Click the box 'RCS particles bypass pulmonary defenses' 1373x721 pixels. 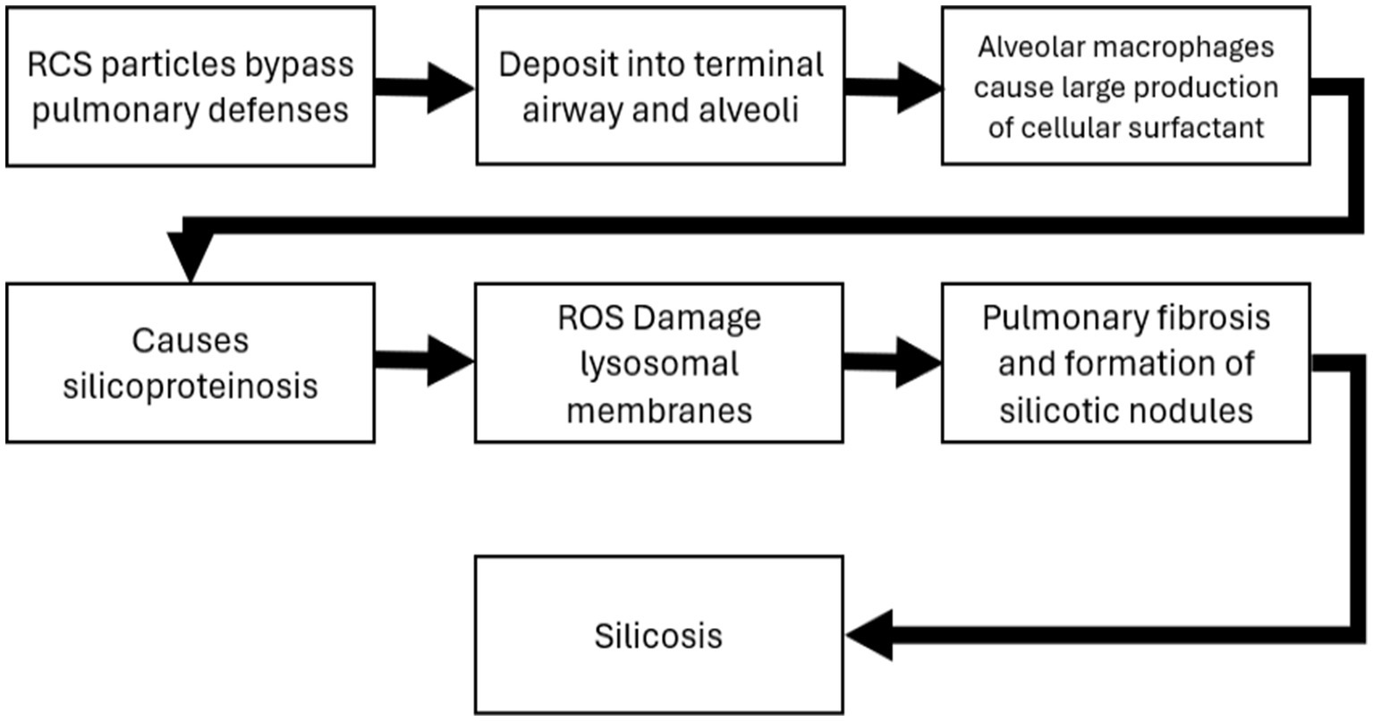click(x=190, y=86)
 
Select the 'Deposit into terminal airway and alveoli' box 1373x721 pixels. click(x=660, y=86)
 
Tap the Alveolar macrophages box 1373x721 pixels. click(x=1125, y=86)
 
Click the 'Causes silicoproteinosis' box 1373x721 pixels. click(x=190, y=362)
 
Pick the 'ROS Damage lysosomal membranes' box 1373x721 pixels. click(x=658, y=362)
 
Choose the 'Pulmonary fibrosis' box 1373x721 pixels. click(x=1125, y=362)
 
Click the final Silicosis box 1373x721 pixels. click(x=658, y=635)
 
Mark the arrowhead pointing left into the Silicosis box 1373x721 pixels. click(x=870, y=635)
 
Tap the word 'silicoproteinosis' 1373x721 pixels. click(x=190, y=386)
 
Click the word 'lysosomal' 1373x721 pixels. click(x=659, y=364)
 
